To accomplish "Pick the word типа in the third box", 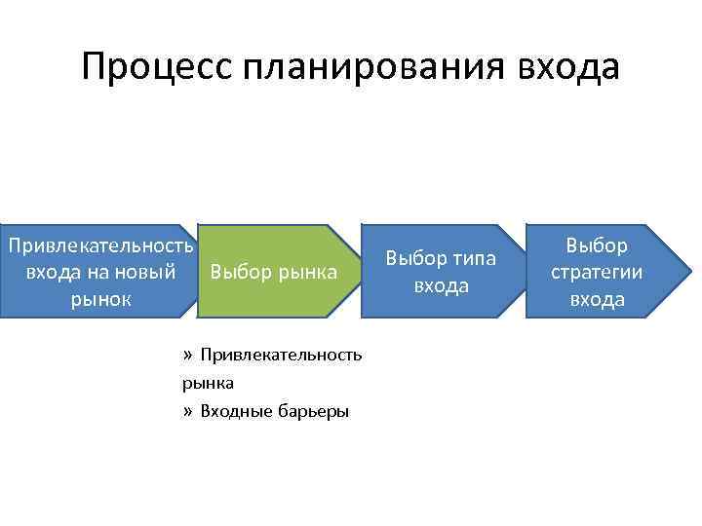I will point(472,259).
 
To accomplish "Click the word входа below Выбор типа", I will point(441,286).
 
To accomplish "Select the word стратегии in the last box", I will point(597,272).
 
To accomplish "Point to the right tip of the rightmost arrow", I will point(684,271).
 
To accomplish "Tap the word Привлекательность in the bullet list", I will point(281,356).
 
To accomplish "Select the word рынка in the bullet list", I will point(208,383).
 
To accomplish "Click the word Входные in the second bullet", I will point(233,411).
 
